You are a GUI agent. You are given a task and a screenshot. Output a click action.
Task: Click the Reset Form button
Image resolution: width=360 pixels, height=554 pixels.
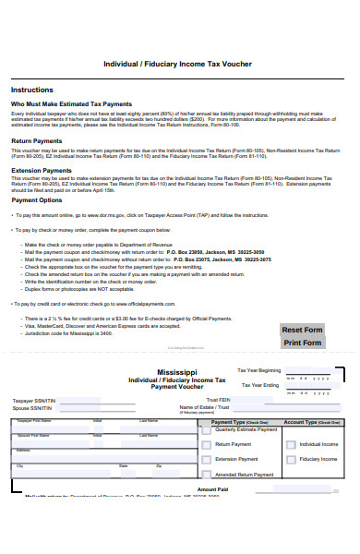(302, 330)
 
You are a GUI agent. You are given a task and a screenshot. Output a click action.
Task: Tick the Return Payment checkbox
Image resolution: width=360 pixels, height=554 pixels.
(207, 419)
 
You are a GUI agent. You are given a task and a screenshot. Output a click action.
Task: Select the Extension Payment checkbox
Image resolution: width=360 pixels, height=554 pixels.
(207, 433)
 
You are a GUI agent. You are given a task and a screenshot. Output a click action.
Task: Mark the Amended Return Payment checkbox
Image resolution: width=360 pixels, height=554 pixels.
(207, 448)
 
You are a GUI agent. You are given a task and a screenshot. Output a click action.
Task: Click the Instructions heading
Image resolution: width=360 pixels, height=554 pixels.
(31, 90)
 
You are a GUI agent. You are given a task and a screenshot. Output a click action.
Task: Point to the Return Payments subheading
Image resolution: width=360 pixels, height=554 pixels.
(36, 140)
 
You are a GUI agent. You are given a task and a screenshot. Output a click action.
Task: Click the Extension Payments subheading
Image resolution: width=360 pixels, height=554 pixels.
(41, 170)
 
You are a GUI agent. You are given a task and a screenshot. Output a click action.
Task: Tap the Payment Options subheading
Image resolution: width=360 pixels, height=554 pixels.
(37, 199)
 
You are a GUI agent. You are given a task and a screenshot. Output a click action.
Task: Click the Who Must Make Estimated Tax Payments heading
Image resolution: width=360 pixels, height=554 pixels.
(71, 104)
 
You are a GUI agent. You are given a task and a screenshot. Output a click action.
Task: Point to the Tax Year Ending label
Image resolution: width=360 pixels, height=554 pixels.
(260, 385)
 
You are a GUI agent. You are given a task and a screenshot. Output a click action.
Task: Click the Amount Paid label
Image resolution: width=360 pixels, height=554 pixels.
(211, 489)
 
